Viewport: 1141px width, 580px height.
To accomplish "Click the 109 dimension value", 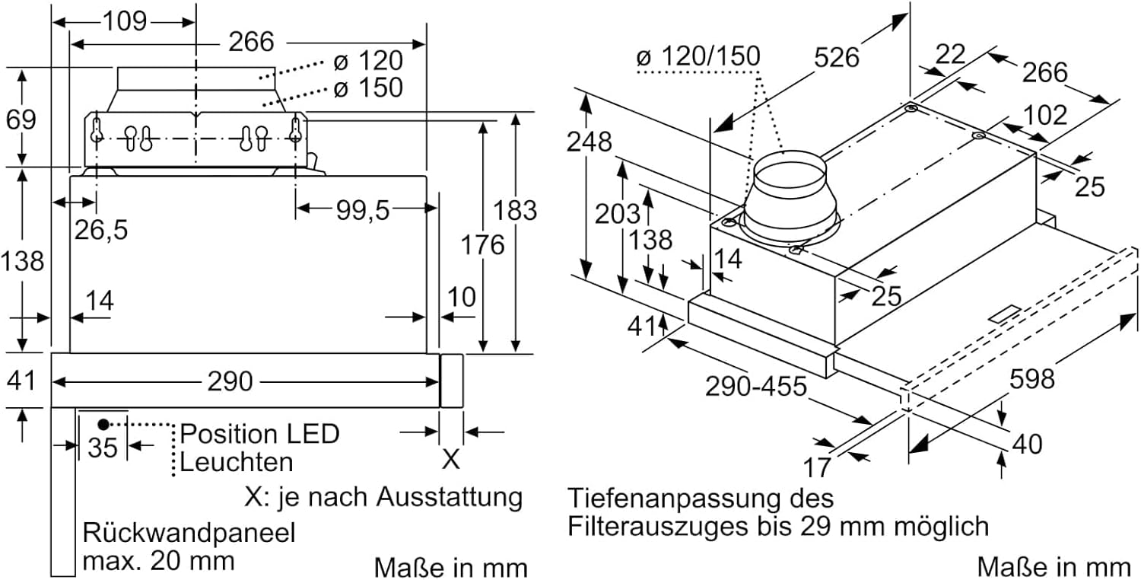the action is point(125,21).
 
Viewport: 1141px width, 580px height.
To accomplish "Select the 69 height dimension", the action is point(21,120).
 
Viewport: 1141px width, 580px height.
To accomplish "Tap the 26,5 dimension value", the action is point(101,230).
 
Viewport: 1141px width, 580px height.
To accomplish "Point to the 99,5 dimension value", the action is point(363,210).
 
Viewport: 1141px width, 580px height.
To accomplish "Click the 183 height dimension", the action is point(515,211).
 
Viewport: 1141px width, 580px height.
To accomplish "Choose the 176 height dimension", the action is point(482,244).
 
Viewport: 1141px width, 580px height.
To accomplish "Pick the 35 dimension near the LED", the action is point(103,448).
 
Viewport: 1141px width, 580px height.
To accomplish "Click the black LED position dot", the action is point(103,424).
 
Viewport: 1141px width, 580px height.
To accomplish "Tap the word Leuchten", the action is point(237,462).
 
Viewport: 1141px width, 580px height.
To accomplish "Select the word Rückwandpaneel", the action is point(189,533).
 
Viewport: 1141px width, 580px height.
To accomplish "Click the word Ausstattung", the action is point(450,496).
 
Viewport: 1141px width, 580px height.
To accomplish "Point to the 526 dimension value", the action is point(837,57).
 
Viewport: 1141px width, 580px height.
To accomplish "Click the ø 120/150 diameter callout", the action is point(698,56).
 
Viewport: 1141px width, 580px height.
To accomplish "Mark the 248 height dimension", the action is point(590,142).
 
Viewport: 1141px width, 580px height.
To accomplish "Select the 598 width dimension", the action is point(1032,379).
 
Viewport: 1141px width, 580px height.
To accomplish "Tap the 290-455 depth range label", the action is point(756,387).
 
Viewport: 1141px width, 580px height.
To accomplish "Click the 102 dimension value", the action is point(1044,115).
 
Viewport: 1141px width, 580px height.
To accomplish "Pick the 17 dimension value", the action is point(817,467).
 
